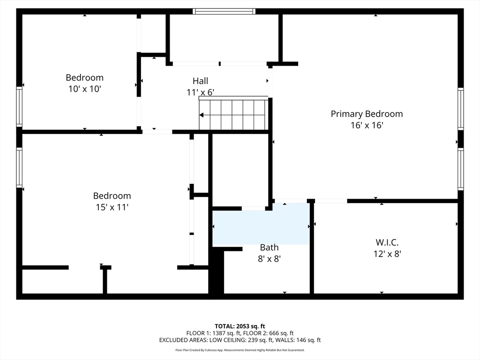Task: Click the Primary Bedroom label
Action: (x=367, y=114)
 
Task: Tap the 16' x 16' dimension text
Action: (x=367, y=126)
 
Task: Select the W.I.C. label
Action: (x=387, y=242)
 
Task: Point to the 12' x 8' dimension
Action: (x=387, y=254)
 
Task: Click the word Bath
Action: (x=269, y=247)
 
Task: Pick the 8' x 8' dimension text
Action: (x=269, y=258)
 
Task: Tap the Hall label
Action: (x=200, y=81)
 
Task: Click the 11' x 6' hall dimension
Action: (x=200, y=92)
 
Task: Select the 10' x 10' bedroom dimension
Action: (x=84, y=89)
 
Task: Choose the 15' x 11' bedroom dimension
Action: (x=112, y=207)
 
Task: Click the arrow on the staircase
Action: (x=202, y=115)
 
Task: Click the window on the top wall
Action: (x=224, y=11)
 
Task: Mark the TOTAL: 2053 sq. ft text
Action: (x=240, y=326)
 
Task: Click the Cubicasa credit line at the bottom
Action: (x=240, y=350)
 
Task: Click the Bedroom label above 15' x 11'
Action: (x=112, y=196)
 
